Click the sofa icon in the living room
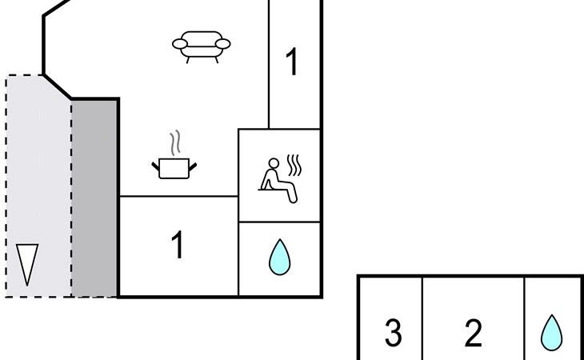[x=202, y=46]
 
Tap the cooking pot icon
[x=174, y=167]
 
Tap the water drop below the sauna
[x=279, y=258]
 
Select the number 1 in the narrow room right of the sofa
[x=292, y=62]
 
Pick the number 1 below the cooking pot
[x=178, y=246]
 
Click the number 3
[x=393, y=333]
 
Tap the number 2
[x=473, y=333]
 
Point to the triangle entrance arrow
[x=27, y=264]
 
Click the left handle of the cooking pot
[x=156, y=166]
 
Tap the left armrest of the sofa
[x=181, y=44]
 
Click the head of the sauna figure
[x=273, y=164]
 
